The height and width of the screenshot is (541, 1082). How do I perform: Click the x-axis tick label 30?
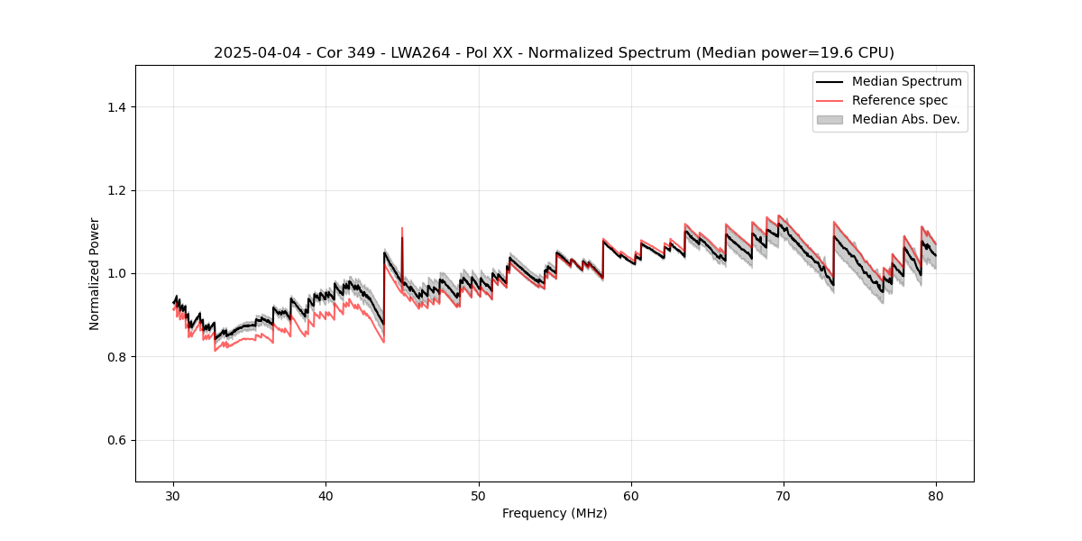[x=174, y=495]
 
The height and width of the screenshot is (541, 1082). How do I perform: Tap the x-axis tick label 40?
[x=326, y=495]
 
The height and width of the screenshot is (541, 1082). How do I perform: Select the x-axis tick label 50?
[x=479, y=495]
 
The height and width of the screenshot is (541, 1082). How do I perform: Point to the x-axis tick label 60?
[x=631, y=495]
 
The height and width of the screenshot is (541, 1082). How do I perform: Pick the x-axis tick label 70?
[x=784, y=495]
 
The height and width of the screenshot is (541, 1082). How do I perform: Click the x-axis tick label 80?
[x=936, y=495]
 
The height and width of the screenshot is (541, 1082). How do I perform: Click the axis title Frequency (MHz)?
[x=555, y=513]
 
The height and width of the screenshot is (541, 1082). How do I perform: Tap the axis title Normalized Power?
[x=95, y=273]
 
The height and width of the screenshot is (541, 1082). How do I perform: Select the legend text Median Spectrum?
[x=906, y=81]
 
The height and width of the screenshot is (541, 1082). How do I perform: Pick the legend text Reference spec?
[x=900, y=100]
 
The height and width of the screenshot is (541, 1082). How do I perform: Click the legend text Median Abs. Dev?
[x=905, y=119]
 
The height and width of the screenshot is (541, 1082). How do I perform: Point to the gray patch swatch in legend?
[x=830, y=119]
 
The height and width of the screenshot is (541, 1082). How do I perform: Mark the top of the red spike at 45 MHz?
[x=402, y=228]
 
